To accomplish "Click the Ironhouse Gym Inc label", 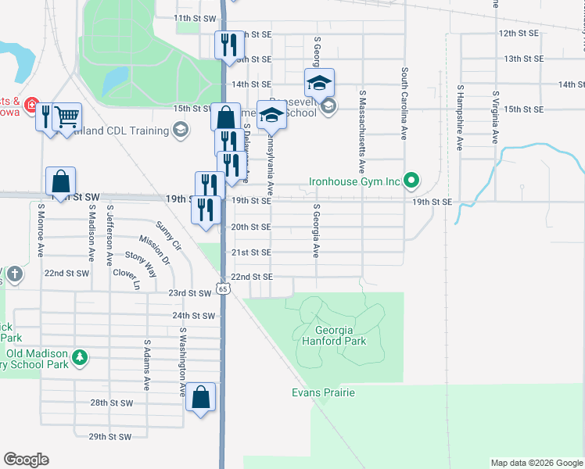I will (354, 181).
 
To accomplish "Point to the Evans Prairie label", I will (324, 392).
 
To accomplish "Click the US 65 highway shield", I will (224, 289).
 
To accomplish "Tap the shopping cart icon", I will (67, 116).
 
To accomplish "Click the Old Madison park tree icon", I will (79, 357).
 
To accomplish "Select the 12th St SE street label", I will (519, 34).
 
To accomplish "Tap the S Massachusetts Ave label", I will (362, 131).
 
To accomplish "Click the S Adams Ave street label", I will (146, 365).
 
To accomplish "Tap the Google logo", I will (26, 460).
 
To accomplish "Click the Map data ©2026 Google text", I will (536, 463).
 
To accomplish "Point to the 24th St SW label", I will (193, 316).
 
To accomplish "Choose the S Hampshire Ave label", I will (461, 115).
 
